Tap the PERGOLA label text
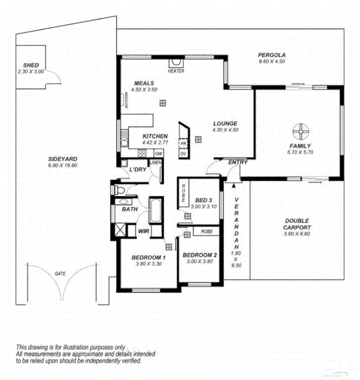(271, 55)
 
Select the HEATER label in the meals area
(176, 71)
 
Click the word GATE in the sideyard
(60, 274)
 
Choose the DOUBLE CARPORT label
(298, 223)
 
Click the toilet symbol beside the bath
(119, 189)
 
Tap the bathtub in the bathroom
(155, 211)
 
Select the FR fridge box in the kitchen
(183, 144)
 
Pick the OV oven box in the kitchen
(183, 153)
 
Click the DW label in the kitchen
(159, 153)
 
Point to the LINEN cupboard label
(156, 162)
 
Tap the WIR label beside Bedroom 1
(143, 231)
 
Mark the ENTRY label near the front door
(238, 162)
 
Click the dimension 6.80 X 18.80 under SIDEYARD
(63, 166)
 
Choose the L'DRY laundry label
(138, 170)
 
